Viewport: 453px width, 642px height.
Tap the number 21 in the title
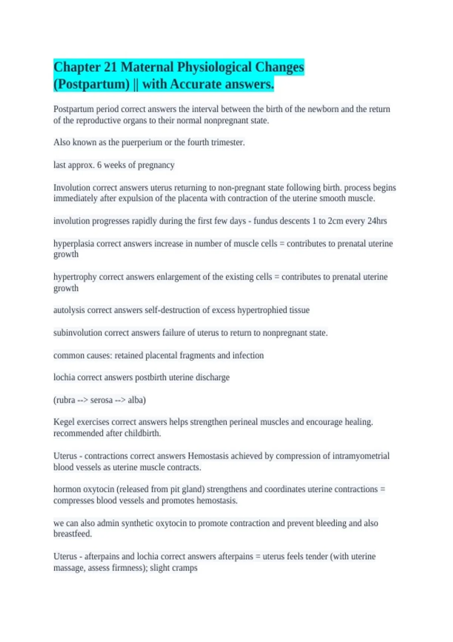110,67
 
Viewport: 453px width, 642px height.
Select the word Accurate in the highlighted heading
196,84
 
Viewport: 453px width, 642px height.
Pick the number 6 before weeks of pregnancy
99,165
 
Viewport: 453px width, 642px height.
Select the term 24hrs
377,221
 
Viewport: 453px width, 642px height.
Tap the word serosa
101,400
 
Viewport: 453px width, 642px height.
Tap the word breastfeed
72,534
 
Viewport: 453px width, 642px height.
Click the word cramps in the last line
185,568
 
